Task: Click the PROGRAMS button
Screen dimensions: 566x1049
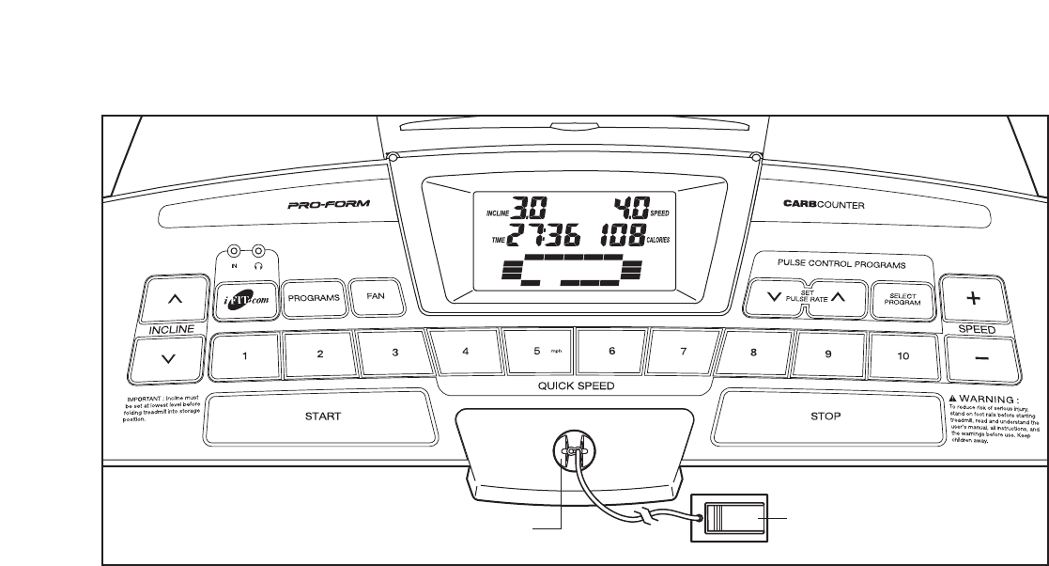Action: tap(313, 297)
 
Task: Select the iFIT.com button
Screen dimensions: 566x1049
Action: tap(247, 297)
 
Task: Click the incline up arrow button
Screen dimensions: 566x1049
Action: tap(174, 300)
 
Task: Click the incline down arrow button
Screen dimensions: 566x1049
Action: tap(167, 357)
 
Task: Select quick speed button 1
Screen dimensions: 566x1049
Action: tap(245, 355)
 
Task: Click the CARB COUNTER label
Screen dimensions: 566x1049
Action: tap(824, 203)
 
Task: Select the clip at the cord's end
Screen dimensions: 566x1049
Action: tap(729, 517)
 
